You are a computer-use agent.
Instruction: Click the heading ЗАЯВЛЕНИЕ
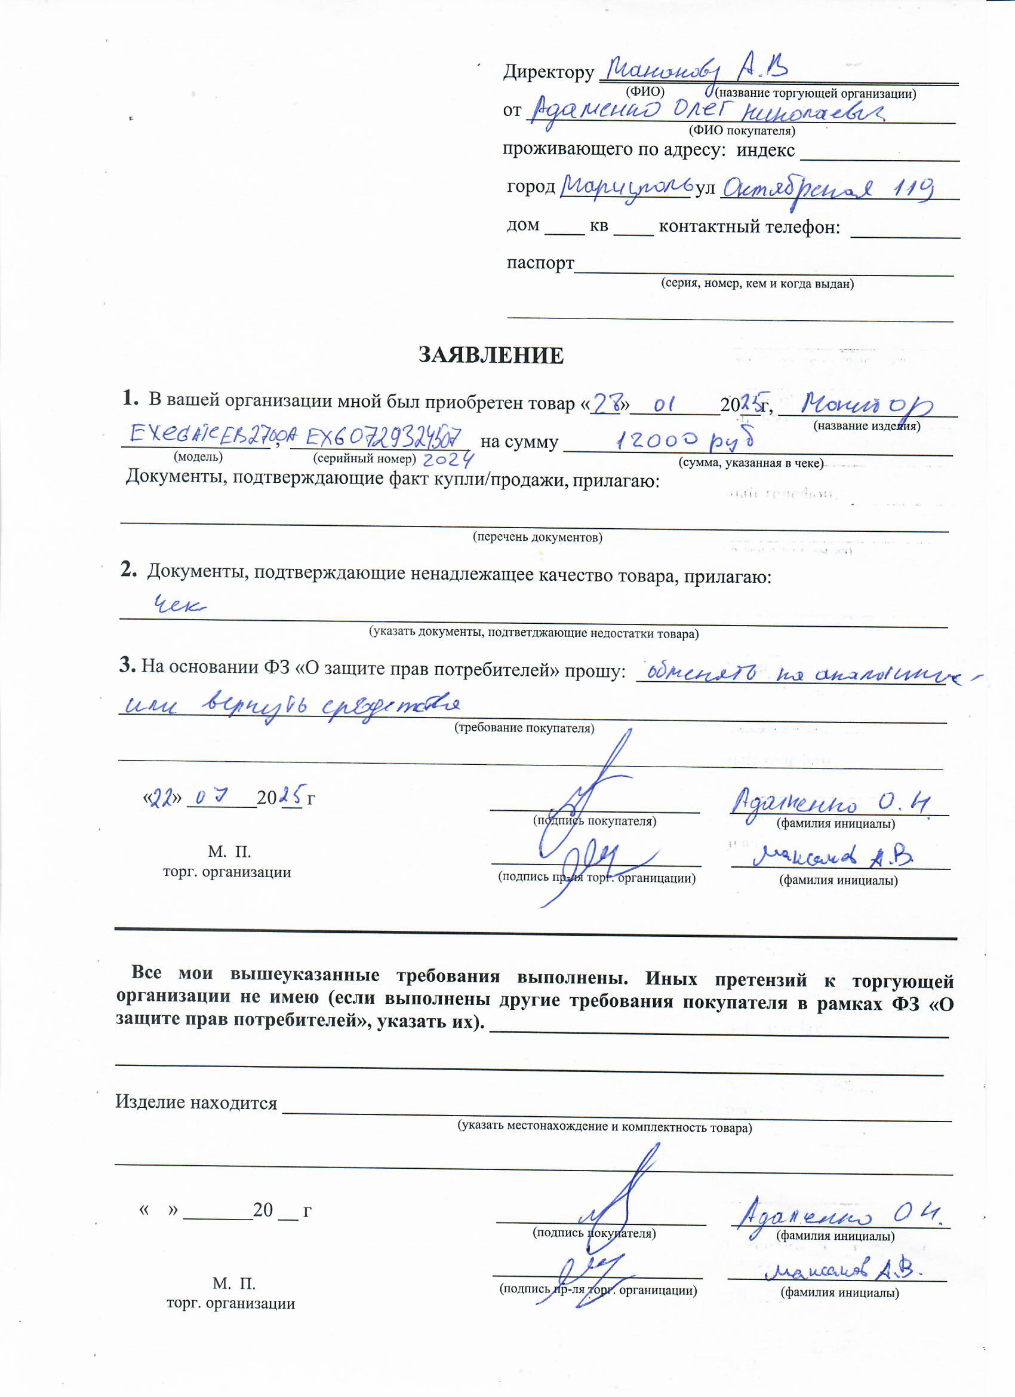(x=491, y=356)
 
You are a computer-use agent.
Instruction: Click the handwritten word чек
(x=179, y=605)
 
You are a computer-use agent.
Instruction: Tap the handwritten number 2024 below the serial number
(x=449, y=459)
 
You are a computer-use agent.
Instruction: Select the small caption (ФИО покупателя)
(x=742, y=131)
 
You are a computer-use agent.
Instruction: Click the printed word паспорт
(x=540, y=263)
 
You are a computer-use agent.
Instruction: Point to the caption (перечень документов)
(x=537, y=537)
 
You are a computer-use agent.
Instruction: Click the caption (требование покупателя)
(x=524, y=728)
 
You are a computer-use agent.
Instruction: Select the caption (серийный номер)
(x=364, y=459)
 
